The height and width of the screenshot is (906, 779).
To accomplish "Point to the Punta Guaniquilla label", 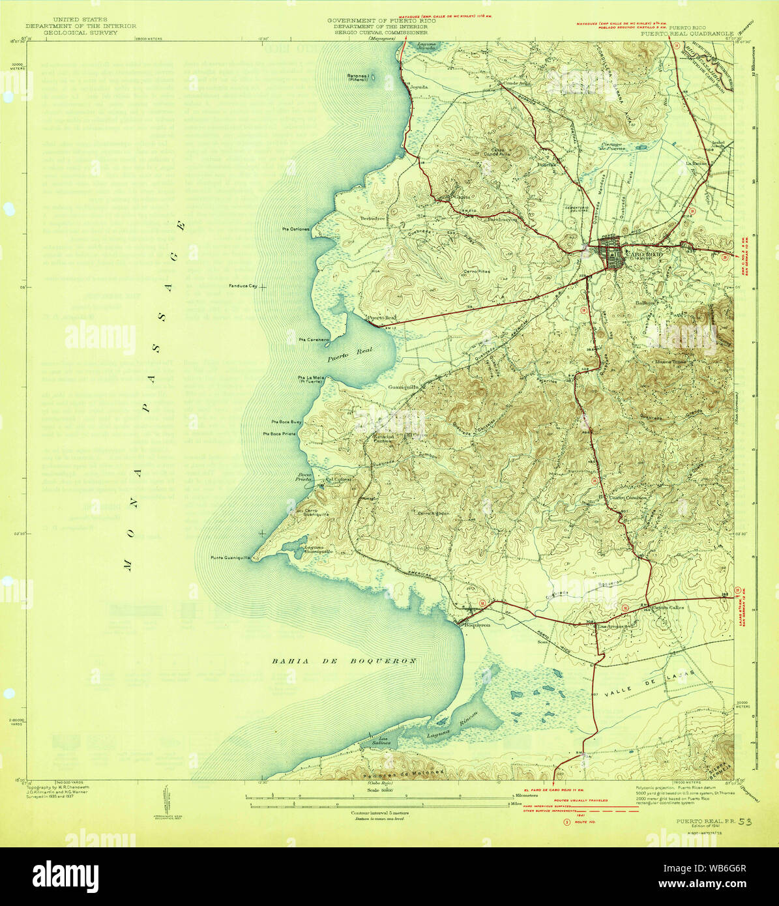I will point(230,558).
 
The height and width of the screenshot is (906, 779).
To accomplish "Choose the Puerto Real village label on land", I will point(381,318).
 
